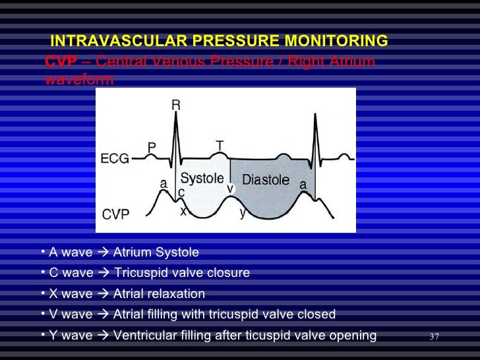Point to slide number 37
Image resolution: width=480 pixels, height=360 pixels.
tap(434, 338)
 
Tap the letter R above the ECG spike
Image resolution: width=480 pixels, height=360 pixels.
tap(176, 105)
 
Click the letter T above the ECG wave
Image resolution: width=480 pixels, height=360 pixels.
tap(220, 144)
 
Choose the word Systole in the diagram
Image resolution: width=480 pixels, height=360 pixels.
tap(202, 178)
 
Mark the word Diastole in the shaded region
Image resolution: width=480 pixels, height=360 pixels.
tap(266, 179)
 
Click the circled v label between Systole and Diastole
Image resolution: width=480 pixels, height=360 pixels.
tap(231, 188)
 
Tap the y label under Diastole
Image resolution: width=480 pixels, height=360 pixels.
tap(243, 212)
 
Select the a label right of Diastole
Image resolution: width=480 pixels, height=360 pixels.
tap(303, 185)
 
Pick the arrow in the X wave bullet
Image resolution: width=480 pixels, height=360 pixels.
tap(103, 294)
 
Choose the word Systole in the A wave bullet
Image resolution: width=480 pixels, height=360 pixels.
tap(178, 253)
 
